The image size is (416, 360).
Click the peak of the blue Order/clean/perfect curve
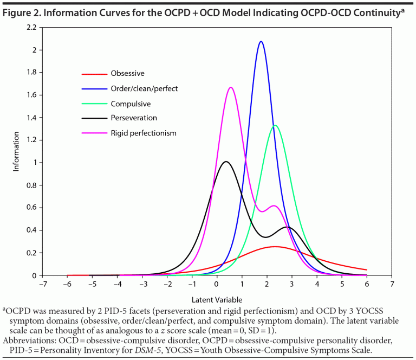(261, 41)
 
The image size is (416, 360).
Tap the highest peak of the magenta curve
(231, 87)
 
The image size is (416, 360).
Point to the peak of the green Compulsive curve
(275, 125)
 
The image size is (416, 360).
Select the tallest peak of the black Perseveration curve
(226, 162)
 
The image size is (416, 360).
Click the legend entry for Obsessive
(127, 73)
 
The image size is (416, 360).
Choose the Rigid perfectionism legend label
(144, 132)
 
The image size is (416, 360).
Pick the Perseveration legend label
(134, 118)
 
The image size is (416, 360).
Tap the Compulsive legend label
(131, 103)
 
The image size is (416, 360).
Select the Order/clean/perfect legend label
(144, 88)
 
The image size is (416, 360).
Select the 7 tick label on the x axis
(392, 284)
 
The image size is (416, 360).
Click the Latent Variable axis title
(217, 299)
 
